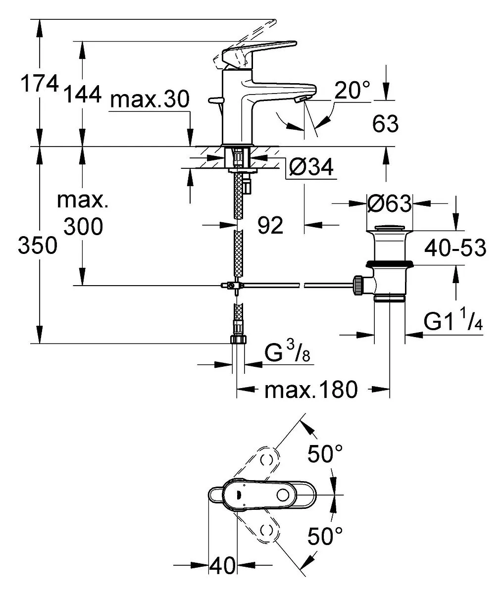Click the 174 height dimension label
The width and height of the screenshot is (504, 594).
pyautogui.click(x=40, y=83)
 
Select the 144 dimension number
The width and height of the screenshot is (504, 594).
pyautogui.click(x=82, y=94)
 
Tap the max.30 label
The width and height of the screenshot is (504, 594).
pyautogui.click(x=150, y=99)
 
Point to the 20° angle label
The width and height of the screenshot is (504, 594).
pyautogui.click(x=352, y=90)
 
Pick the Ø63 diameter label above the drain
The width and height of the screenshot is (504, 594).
pyautogui.click(x=389, y=203)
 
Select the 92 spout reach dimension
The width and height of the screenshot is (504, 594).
pyautogui.click(x=270, y=225)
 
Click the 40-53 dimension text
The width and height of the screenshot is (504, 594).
pyautogui.click(x=455, y=247)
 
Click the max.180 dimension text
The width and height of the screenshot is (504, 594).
pyautogui.click(x=311, y=390)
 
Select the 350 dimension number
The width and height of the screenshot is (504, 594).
pyautogui.click(x=38, y=245)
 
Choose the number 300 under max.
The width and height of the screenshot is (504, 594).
pyautogui.click(x=83, y=226)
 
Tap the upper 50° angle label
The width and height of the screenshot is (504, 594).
pyautogui.click(x=325, y=453)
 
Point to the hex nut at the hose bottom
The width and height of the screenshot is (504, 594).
pyautogui.click(x=238, y=340)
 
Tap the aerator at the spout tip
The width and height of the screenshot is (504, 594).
pyautogui.click(x=301, y=99)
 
